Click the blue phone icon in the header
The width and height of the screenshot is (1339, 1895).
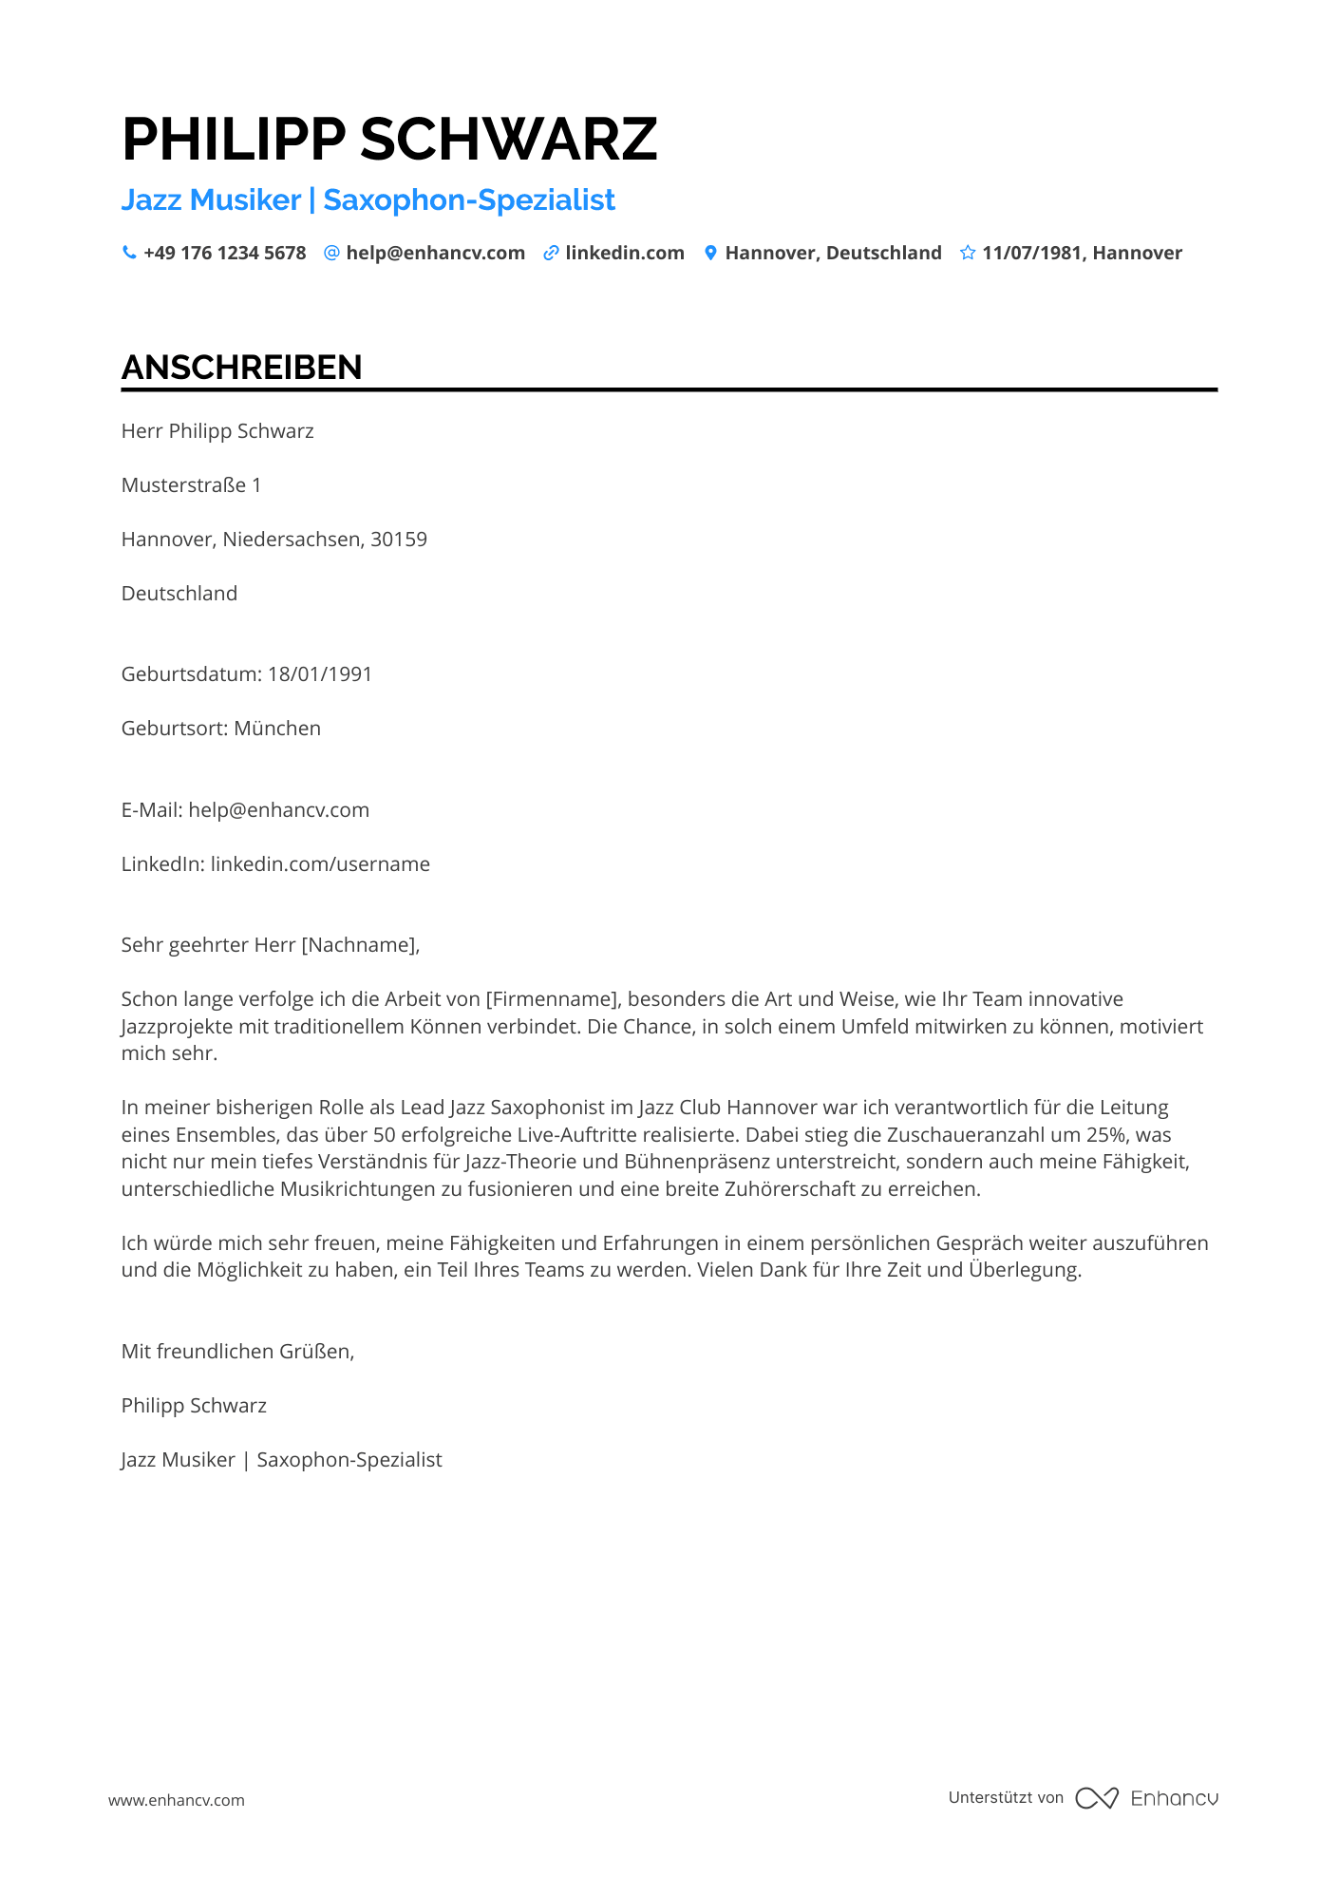point(129,253)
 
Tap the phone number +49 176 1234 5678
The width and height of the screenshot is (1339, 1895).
point(224,253)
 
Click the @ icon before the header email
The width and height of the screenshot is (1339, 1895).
point(331,253)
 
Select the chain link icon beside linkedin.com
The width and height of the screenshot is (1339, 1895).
point(551,253)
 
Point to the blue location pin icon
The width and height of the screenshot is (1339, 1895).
point(710,253)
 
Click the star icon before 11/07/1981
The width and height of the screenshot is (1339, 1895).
point(968,253)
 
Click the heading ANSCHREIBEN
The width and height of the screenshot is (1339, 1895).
point(241,368)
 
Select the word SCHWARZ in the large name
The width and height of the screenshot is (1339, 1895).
point(508,139)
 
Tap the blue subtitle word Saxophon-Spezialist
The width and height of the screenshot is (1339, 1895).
point(469,199)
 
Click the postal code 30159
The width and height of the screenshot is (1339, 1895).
point(399,540)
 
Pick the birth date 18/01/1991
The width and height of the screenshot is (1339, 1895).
point(320,674)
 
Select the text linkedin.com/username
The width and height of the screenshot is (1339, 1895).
point(320,864)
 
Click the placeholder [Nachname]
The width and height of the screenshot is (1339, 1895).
point(359,945)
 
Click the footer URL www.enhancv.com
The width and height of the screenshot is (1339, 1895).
point(177,1800)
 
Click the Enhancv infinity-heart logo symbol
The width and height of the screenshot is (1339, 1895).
point(1096,1798)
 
